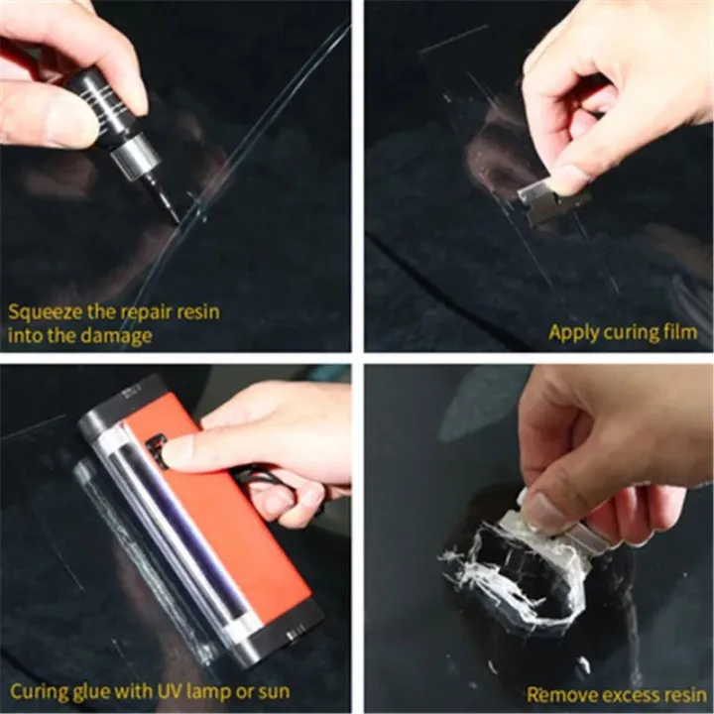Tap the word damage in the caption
119,336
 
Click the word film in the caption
678,332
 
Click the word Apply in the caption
573,332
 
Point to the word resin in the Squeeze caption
194,312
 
